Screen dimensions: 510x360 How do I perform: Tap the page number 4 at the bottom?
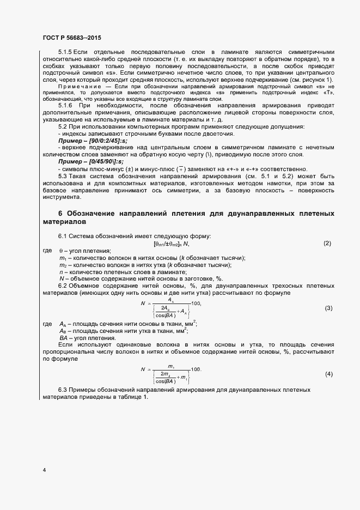(44, 469)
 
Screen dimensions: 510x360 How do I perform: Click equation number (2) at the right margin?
(327, 243)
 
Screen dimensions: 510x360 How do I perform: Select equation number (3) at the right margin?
(328, 308)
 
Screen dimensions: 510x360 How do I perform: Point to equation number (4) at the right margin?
(328, 374)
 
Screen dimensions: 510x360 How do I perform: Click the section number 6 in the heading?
(60, 212)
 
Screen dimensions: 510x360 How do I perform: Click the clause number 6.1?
(63, 236)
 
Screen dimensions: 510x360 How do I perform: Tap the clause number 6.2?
(63, 286)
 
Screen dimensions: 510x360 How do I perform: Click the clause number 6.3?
(63, 391)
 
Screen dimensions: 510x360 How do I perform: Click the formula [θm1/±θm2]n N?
(171, 243)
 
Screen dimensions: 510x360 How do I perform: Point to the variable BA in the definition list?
(63, 338)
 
